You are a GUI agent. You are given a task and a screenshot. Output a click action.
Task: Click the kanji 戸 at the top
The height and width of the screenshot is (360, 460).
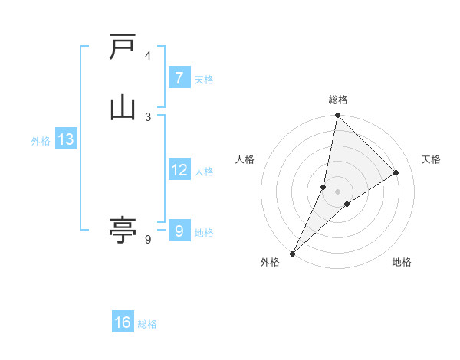click(x=123, y=47)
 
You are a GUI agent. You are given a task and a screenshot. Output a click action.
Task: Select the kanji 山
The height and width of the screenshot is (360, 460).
click(x=123, y=107)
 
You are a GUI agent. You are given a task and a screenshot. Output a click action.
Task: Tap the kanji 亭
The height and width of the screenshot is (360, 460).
click(x=123, y=230)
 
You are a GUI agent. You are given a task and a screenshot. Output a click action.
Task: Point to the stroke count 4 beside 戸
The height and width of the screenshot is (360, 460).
click(x=148, y=56)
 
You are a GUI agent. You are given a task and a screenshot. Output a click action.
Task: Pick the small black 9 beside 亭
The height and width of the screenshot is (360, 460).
click(x=148, y=240)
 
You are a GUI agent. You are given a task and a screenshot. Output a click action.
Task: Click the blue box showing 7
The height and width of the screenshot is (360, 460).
click(x=179, y=78)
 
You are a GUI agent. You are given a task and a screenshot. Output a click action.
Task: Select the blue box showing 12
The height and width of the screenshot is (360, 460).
click(x=179, y=170)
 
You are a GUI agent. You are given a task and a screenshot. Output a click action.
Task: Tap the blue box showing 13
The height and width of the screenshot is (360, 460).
click(x=65, y=139)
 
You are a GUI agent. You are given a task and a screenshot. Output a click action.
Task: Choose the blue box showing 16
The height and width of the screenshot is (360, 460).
click(x=123, y=322)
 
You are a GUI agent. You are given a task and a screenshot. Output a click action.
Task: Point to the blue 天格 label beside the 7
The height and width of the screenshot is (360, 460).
click(x=204, y=80)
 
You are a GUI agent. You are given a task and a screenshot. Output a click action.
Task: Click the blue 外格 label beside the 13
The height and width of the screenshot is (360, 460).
click(x=41, y=141)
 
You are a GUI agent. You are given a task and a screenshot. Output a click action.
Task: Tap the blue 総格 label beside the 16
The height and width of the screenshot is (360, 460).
click(x=147, y=324)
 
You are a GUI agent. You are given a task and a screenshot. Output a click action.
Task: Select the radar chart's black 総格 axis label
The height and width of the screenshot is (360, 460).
click(x=338, y=100)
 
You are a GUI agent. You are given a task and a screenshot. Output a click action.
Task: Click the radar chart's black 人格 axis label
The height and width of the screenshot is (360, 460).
click(x=245, y=159)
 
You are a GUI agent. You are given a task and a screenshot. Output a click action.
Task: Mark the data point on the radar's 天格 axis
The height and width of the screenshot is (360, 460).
click(x=396, y=173)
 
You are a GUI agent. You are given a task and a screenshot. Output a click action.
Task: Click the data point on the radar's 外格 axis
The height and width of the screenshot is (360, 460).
click(x=293, y=253)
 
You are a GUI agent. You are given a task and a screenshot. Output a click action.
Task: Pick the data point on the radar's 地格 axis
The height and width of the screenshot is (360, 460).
click(x=347, y=204)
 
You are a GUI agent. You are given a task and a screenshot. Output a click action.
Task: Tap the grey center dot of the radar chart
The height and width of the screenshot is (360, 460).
click(x=337, y=191)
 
